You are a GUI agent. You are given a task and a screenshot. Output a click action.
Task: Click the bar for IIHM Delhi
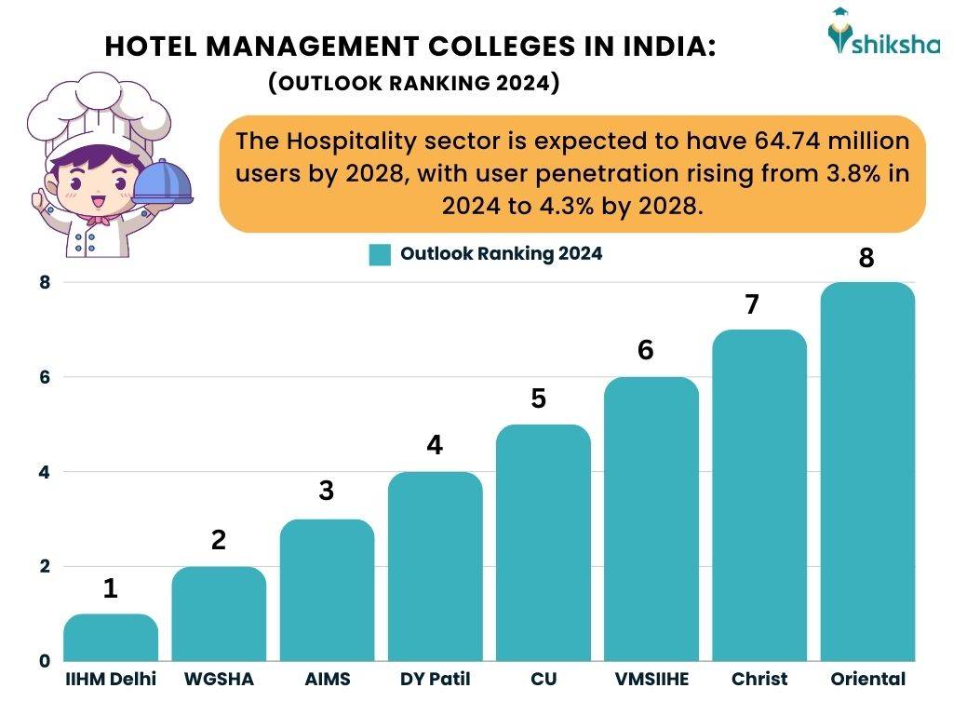tap(110, 638)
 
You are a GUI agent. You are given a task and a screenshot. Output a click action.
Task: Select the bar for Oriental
tap(867, 472)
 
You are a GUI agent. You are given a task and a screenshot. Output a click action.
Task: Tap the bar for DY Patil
tap(435, 567)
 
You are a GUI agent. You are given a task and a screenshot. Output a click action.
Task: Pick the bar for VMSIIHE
tap(651, 519)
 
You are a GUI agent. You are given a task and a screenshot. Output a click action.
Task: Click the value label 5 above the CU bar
tap(543, 399)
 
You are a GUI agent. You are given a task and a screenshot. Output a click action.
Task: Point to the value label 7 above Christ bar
tap(758, 304)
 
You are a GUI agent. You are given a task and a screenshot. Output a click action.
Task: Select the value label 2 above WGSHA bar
tap(219, 541)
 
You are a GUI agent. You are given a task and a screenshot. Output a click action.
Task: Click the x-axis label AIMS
tap(327, 680)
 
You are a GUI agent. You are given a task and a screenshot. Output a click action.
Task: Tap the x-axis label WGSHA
tap(219, 680)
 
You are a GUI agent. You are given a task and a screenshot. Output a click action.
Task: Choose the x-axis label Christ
tap(758, 680)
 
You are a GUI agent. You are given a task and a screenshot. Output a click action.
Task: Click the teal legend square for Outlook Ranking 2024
tap(379, 254)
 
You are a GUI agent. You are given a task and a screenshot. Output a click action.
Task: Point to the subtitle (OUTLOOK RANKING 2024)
tap(413, 84)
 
